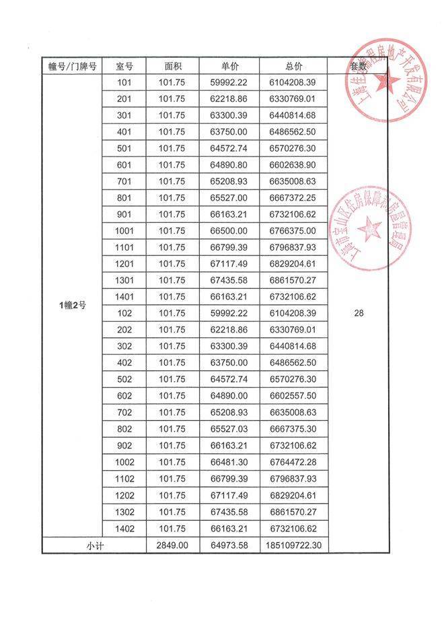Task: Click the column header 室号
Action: tap(124, 66)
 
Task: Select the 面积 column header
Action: tap(173, 66)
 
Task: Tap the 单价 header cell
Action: tap(229, 66)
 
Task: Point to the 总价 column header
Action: tap(293, 66)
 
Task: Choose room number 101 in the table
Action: tap(124, 83)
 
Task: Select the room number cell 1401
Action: tap(124, 297)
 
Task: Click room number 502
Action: tap(124, 380)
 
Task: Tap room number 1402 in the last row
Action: tap(124, 528)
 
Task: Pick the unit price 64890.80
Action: tap(229, 165)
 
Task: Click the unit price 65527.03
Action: tap(229, 429)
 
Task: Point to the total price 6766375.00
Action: tap(293, 231)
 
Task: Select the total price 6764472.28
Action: tap(293, 462)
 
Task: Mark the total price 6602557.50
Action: tap(293, 396)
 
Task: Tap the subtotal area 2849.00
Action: tap(173, 545)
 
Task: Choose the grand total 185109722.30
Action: tap(293, 545)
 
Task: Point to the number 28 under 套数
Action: tap(358, 313)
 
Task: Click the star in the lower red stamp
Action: tap(369, 230)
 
